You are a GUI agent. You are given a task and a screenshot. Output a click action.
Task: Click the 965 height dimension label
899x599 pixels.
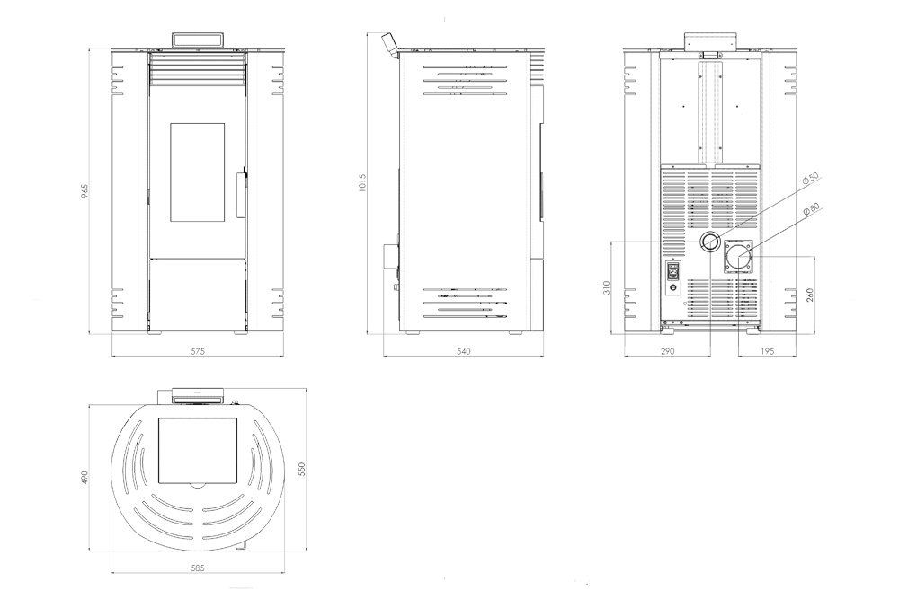pyautogui.click(x=85, y=191)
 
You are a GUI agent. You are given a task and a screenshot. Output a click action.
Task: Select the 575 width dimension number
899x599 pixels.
pyautogui.click(x=198, y=351)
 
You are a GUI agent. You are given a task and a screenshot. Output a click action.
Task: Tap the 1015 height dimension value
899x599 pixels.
pyautogui.click(x=361, y=182)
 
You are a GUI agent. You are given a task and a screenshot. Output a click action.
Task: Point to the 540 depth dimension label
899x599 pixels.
pyautogui.click(x=463, y=351)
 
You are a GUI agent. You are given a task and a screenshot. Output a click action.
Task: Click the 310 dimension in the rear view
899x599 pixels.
pyautogui.click(x=607, y=286)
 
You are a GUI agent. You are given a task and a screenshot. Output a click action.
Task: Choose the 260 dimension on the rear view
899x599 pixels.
pyautogui.click(x=810, y=295)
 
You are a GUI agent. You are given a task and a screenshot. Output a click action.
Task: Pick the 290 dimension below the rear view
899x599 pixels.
pyautogui.click(x=667, y=351)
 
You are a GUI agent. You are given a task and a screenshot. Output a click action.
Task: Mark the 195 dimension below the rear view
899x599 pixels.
pyautogui.click(x=767, y=351)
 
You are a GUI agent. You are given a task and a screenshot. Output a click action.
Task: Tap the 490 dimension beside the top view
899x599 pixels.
pyautogui.click(x=85, y=478)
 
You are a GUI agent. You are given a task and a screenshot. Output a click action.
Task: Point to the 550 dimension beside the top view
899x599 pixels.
pyautogui.click(x=302, y=469)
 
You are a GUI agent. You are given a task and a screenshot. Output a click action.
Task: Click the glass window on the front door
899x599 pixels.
pyautogui.click(x=197, y=172)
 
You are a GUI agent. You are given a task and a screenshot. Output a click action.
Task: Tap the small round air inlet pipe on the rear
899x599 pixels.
pyautogui.click(x=710, y=242)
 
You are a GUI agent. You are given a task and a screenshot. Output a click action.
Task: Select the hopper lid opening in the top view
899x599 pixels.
pyautogui.click(x=198, y=450)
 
